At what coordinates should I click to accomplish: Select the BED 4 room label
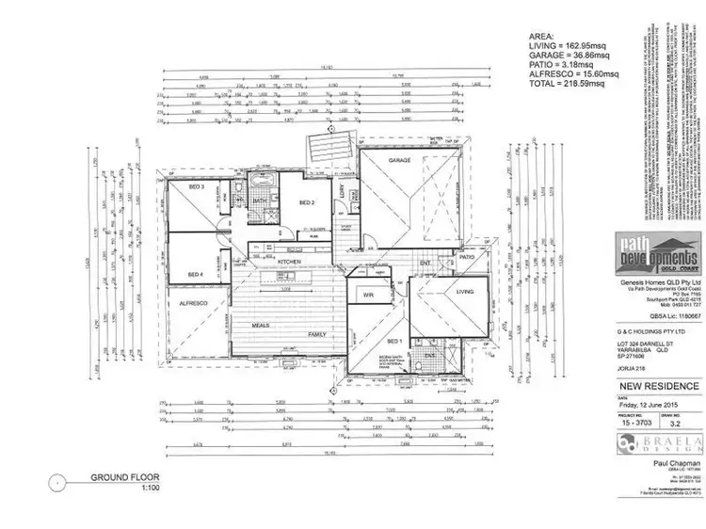tap(197, 274)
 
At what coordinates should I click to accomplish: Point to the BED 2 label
tap(306, 202)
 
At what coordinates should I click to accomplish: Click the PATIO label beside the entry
tap(467, 256)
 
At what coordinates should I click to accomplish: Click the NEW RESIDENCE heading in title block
tap(658, 386)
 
